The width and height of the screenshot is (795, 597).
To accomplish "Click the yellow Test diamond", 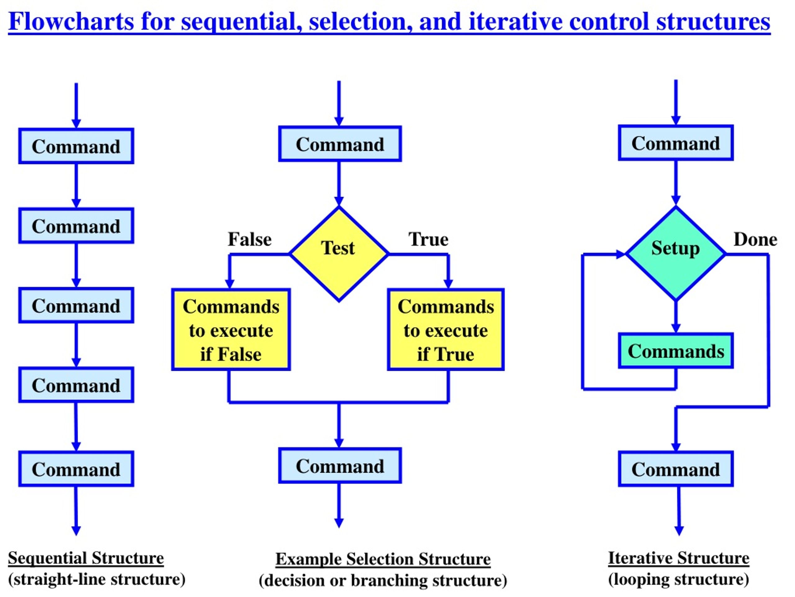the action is (339, 254).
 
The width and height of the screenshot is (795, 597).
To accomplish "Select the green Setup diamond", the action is (676, 254).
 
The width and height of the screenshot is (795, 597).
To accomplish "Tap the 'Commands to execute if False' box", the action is (231, 330).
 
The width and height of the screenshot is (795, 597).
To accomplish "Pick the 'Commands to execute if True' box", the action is (446, 330).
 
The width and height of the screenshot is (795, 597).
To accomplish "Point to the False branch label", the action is (250, 239).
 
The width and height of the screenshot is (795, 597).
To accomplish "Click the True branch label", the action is (429, 239).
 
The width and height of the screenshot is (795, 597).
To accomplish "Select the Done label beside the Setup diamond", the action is (756, 239).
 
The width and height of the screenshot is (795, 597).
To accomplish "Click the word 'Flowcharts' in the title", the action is (71, 21).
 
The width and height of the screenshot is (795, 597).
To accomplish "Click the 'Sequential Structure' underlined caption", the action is (86, 558).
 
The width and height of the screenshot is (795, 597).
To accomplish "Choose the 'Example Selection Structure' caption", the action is (383, 559).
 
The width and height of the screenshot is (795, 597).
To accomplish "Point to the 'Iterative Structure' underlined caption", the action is (679, 558).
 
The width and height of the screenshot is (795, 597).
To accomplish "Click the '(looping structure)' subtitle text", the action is (679, 579).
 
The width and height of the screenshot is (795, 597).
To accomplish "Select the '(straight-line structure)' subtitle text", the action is (97, 579).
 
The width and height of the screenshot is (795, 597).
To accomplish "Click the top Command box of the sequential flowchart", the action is (76, 146).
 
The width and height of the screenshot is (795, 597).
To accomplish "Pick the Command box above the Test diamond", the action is (340, 144).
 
